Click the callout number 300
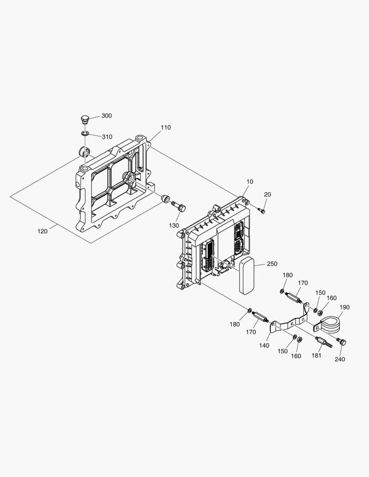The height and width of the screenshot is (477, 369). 107,116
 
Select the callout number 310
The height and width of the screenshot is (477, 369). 107,136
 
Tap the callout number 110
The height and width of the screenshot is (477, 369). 165,128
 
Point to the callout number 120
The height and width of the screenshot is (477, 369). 42,231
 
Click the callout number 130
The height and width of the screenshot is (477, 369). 174,225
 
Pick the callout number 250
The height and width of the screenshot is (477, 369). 272,264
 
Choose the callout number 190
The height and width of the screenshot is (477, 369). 344,307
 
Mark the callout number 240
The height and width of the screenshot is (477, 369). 339,359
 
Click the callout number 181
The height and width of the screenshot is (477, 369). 316,355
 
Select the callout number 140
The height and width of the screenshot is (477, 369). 264,345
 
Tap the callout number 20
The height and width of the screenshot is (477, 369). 268,194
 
